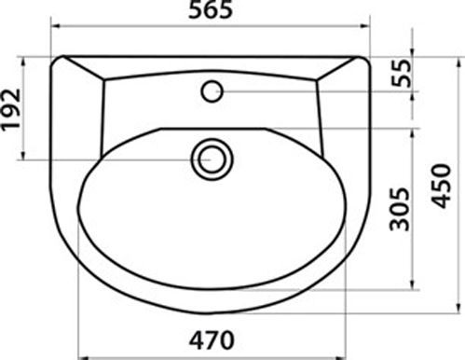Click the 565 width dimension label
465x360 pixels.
(x=211, y=9)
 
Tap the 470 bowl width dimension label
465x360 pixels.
(x=212, y=340)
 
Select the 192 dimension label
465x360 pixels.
(x=11, y=110)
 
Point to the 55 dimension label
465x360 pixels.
(x=401, y=73)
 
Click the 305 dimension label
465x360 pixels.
(x=400, y=209)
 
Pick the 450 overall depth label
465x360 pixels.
(x=441, y=187)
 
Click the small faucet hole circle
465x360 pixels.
(x=212, y=91)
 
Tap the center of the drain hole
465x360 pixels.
(x=212, y=159)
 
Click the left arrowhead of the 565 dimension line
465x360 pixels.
(x=55, y=26)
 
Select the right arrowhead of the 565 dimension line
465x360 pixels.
(x=364, y=26)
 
